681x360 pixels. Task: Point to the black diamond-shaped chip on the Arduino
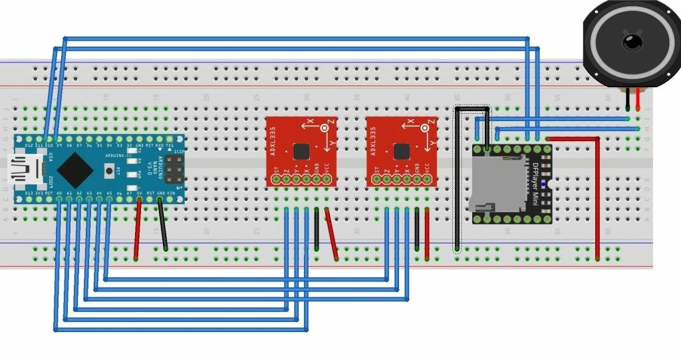(x=74, y=169)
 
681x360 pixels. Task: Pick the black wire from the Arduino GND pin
(x=162, y=226)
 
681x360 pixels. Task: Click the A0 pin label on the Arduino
(x=59, y=193)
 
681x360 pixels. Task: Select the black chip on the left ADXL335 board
(x=301, y=151)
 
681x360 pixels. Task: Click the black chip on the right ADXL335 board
(x=400, y=151)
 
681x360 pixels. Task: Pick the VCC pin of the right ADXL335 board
(x=427, y=178)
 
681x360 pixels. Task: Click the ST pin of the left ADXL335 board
(x=276, y=178)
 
